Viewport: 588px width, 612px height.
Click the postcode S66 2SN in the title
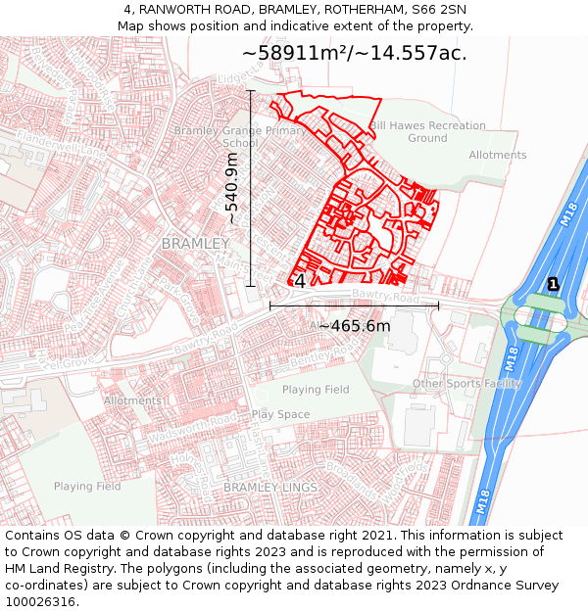tap(440, 10)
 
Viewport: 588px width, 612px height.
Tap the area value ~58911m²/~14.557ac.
tap(354, 53)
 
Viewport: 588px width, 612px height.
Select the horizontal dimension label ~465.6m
tap(354, 326)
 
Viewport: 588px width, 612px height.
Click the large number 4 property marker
tap(300, 281)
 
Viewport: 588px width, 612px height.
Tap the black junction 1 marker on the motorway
tap(553, 284)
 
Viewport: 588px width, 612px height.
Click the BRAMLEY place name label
tap(195, 243)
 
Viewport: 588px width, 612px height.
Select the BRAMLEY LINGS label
tap(269, 487)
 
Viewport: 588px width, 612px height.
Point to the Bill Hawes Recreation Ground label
tap(427, 132)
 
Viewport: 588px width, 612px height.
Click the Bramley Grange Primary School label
tap(239, 136)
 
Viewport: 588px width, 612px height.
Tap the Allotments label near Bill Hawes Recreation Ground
tap(497, 155)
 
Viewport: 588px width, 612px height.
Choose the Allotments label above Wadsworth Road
tap(132, 400)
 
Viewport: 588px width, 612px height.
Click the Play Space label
tap(280, 414)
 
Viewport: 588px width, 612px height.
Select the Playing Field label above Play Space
tap(316, 390)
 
